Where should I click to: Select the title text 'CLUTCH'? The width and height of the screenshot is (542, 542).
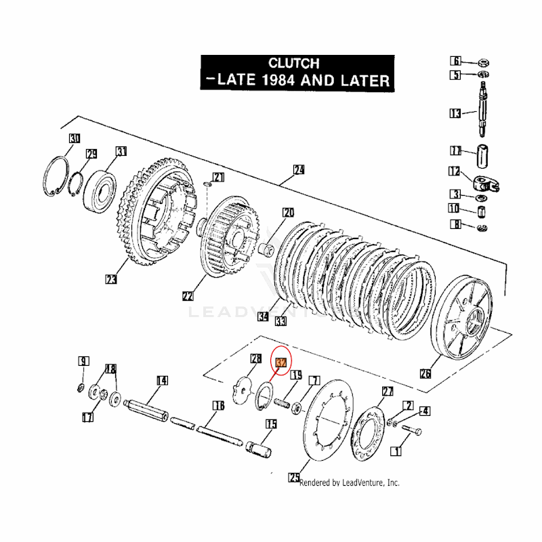(x=293, y=63)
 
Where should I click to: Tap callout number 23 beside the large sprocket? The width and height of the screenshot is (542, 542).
(x=112, y=278)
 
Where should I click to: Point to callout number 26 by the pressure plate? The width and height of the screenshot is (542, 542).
(x=425, y=373)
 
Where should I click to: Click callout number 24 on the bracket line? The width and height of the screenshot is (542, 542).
(x=299, y=169)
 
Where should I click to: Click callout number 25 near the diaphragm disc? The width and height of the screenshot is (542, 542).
(x=294, y=478)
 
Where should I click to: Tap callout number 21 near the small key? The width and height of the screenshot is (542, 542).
(x=217, y=178)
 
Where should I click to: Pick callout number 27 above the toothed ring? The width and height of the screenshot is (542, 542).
(x=388, y=392)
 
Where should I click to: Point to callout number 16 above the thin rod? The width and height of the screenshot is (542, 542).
(x=217, y=406)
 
